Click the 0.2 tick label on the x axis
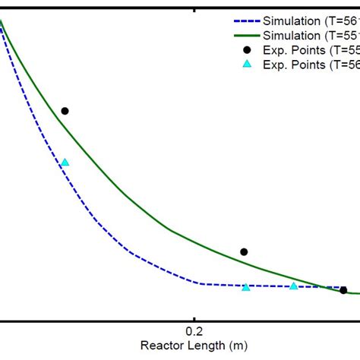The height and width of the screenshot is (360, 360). [x=194, y=330]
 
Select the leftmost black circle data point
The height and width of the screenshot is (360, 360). [x=65, y=111]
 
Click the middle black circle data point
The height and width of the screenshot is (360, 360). [x=244, y=251]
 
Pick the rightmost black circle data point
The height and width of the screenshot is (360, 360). [x=343, y=290]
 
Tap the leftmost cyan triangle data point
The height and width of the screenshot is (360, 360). [x=65, y=162]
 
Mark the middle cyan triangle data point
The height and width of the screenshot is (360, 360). [x=245, y=286]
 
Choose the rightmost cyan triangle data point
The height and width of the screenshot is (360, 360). [x=294, y=286]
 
